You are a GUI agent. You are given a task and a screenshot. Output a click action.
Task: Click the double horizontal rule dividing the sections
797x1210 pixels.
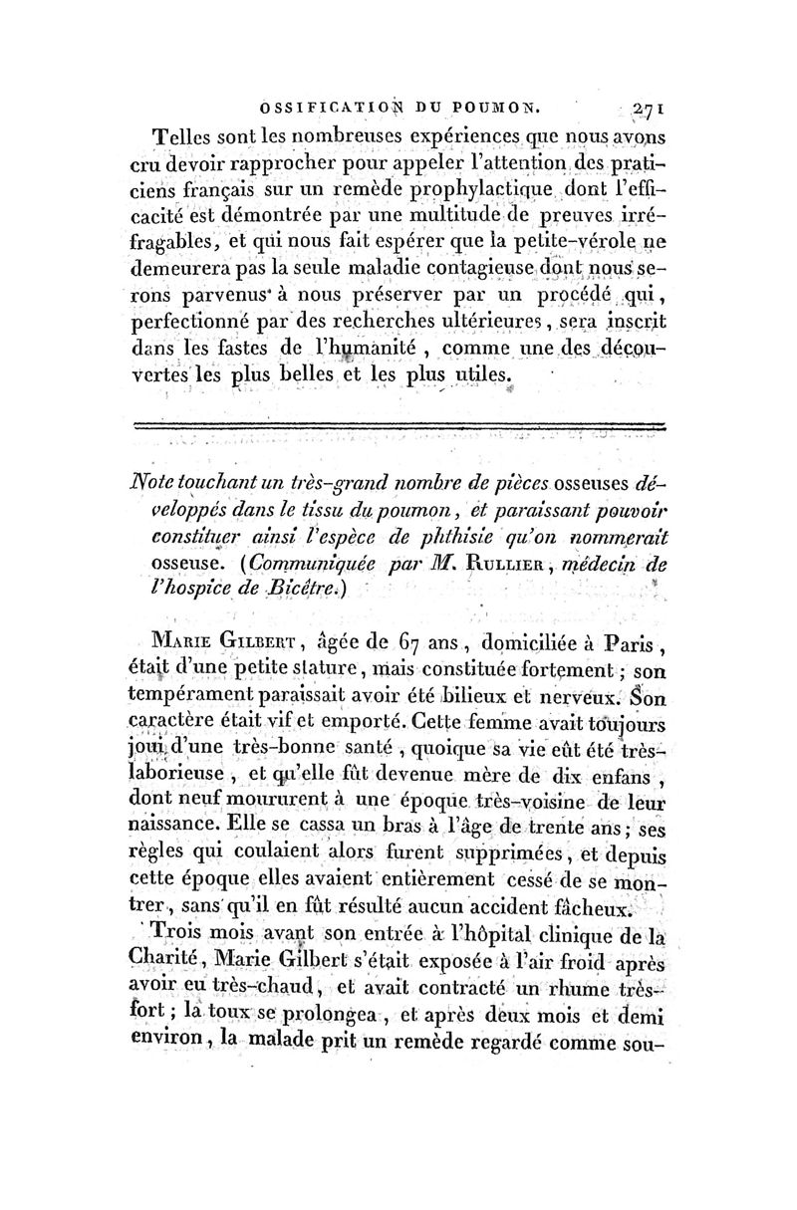point(398,426)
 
